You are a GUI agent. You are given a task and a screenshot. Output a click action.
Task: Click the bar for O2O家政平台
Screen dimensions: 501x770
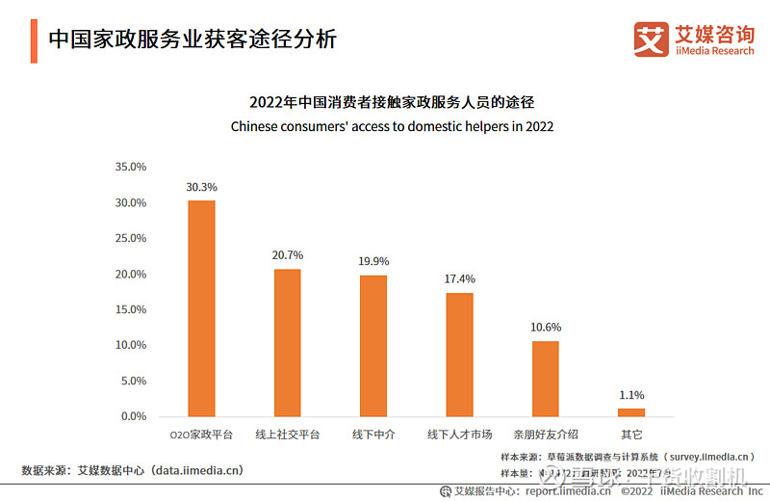click(201, 308)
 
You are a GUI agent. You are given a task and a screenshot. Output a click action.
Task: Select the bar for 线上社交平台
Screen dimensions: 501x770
click(287, 342)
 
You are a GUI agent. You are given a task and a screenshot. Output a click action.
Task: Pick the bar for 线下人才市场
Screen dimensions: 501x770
click(459, 354)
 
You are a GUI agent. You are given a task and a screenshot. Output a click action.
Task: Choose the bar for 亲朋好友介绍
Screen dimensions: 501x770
click(546, 378)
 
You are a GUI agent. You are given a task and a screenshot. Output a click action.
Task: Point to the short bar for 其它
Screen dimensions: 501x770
click(631, 412)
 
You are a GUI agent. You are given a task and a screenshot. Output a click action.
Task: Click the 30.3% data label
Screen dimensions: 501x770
click(201, 187)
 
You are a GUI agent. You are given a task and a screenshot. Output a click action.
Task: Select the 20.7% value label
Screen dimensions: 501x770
click(287, 255)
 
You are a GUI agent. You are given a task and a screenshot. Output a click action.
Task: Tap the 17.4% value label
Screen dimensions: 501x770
click(459, 279)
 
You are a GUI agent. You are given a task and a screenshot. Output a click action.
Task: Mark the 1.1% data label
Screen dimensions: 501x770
click(631, 395)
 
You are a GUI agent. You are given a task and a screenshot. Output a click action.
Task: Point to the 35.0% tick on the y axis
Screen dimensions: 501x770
click(130, 167)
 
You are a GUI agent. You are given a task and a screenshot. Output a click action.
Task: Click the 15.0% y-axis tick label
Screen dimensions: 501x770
click(130, 309)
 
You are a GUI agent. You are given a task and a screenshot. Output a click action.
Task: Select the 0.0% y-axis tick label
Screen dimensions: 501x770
click(133, 416)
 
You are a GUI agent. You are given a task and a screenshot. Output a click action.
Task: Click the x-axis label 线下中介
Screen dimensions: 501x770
click(373, 435)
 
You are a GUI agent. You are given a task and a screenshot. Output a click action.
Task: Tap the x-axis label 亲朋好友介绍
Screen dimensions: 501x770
click(546, 435)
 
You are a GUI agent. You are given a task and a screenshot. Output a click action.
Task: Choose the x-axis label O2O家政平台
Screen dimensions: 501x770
click(201, 435)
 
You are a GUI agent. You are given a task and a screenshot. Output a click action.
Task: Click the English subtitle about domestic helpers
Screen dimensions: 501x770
click(392, 126)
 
